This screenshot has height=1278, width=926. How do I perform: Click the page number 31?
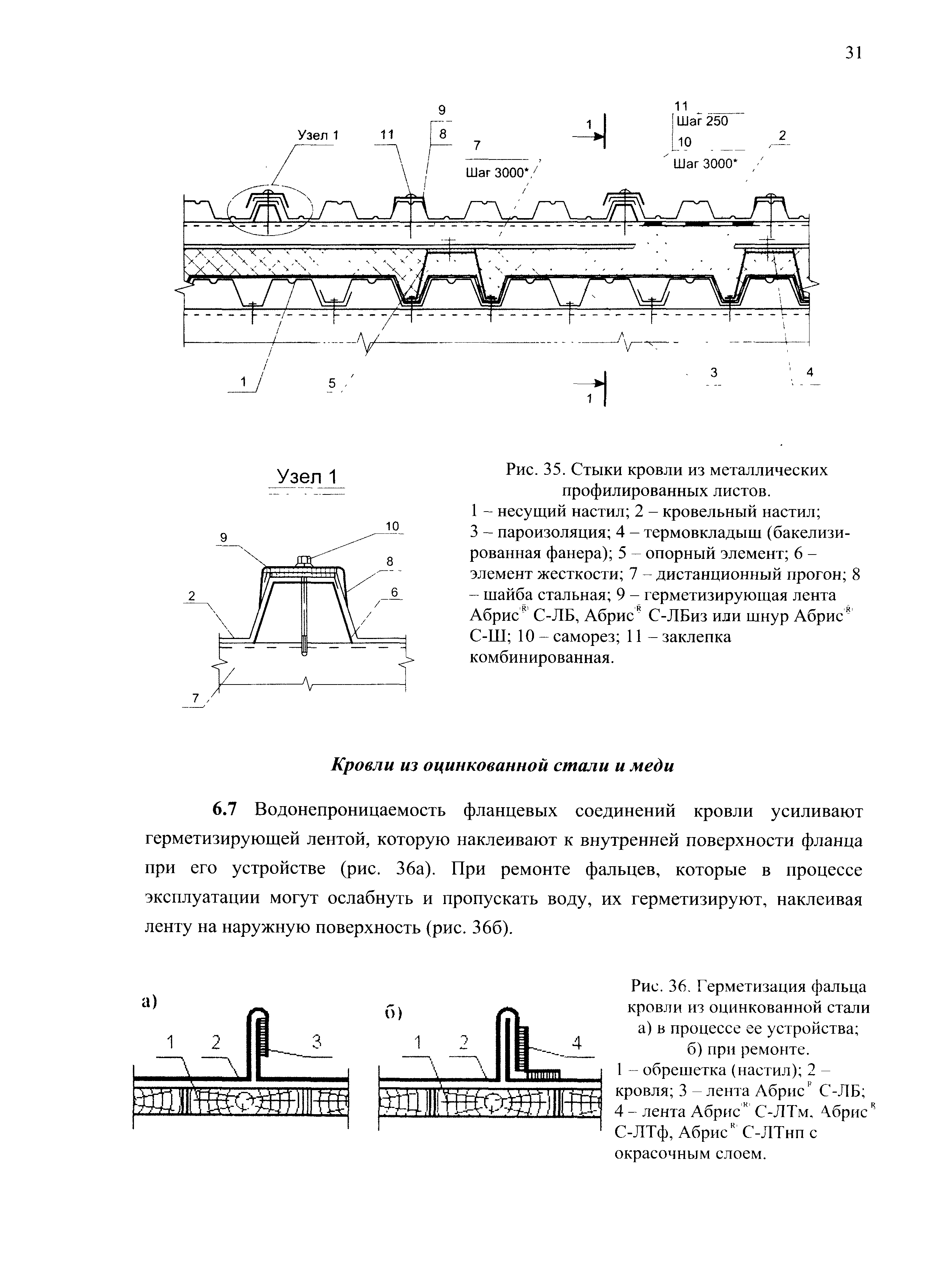point(853,53)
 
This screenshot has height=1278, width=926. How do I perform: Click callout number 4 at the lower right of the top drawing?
point(810,372)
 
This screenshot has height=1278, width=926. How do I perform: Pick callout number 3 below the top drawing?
point(714,372)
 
